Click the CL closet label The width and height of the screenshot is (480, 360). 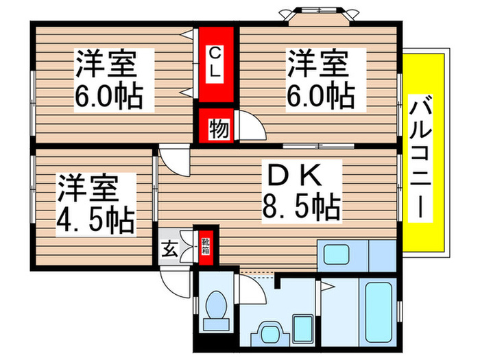(215, 62)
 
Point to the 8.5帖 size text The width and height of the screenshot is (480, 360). (302, 206)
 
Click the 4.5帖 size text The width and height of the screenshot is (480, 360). (95, 217)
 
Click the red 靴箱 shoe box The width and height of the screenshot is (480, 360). (204, 245)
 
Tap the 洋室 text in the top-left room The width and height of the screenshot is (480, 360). (106, 66)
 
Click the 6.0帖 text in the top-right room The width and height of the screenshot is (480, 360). (320, 96)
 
